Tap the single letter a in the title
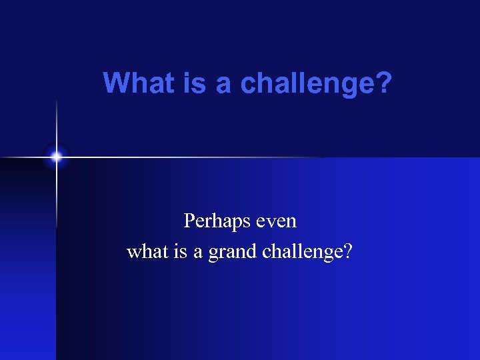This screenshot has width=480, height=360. (x=222, y=85)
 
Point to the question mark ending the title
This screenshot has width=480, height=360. (x=385, y=84)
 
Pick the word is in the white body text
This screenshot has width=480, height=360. (x=179, y=252)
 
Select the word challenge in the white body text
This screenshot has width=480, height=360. (x=303, y=252)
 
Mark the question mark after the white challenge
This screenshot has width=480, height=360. (x=348, y=252)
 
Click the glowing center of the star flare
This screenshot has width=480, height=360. (x=57, y=157)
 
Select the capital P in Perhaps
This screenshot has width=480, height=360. (x=189, y=220)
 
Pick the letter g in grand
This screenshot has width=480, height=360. (x=213, y=255)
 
